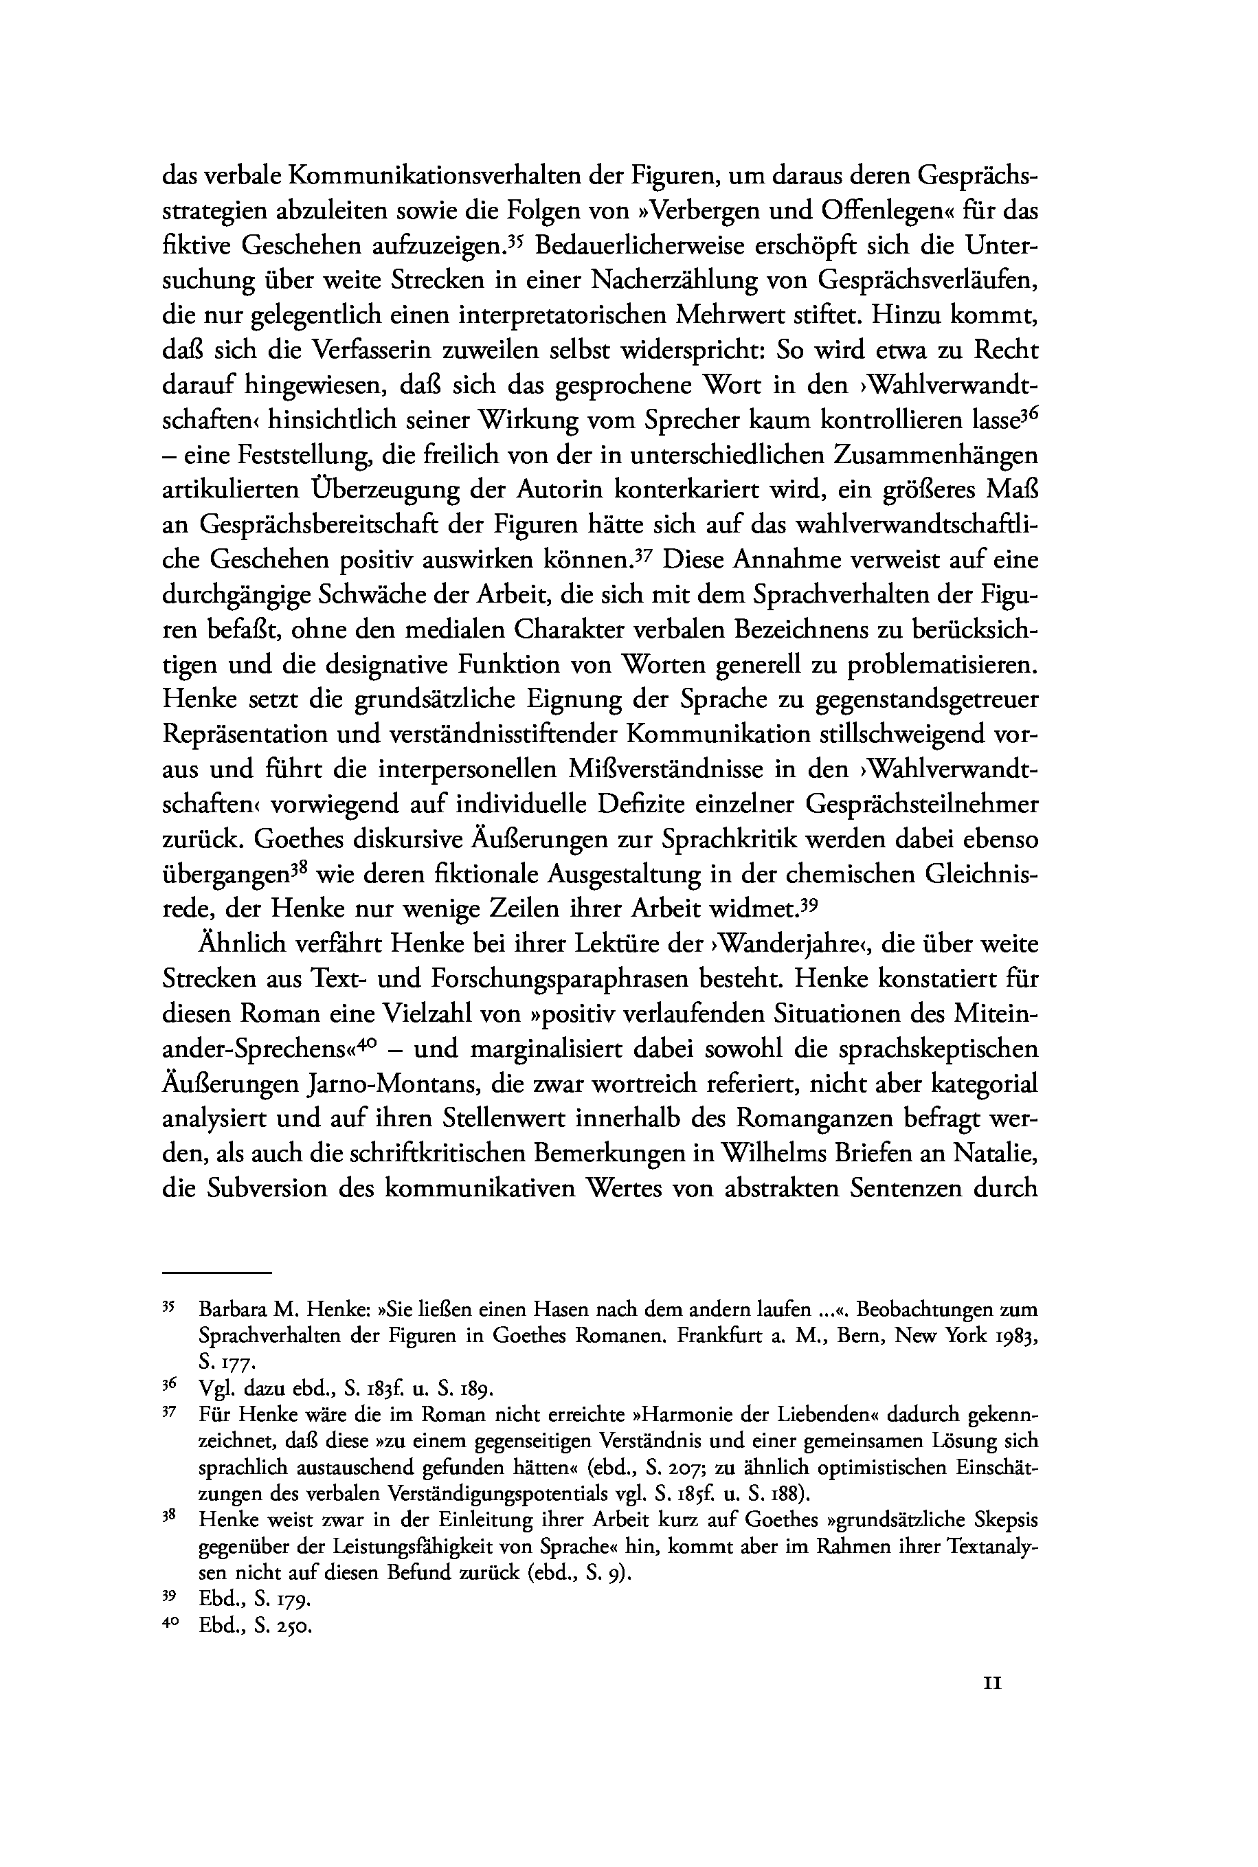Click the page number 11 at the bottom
pos(992,1684)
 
